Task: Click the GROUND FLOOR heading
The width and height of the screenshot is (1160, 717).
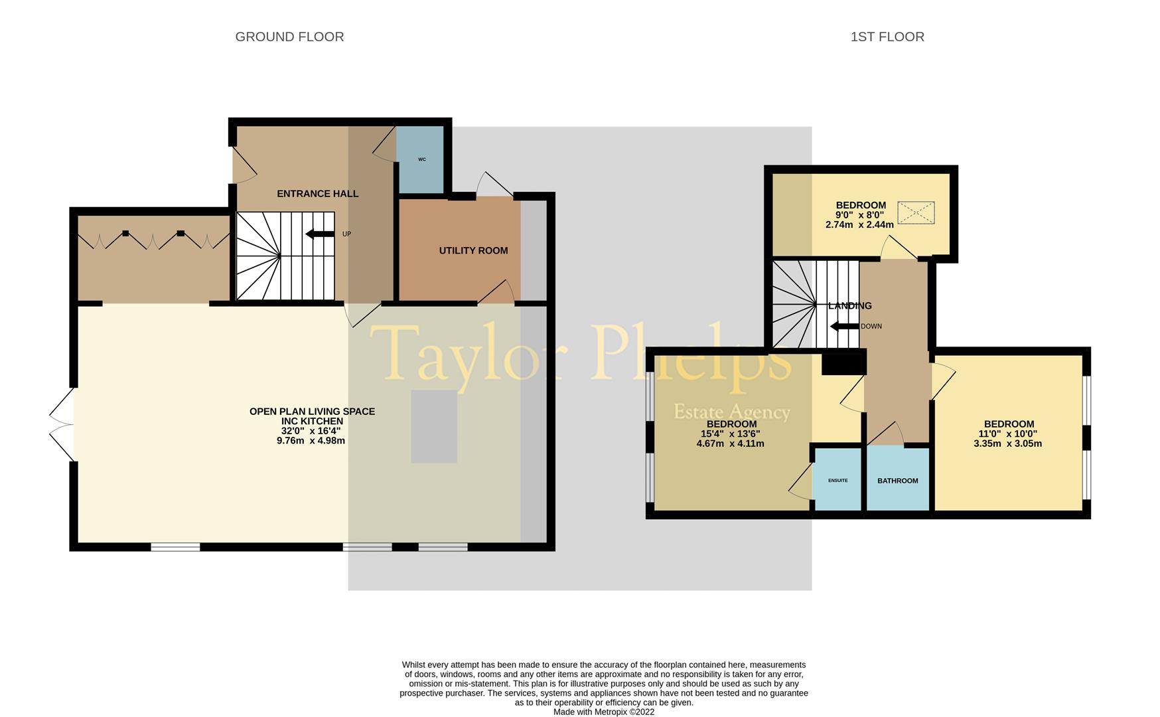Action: click(x=289, y=37)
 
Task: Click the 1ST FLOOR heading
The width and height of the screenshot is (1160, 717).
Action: click(x=887, y=37)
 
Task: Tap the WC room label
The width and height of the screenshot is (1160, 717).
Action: click(x=422, y=159)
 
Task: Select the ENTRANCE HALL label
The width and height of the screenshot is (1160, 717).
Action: click(x=317, y=194)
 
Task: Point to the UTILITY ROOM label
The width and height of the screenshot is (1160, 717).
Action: click(x=473, y=250)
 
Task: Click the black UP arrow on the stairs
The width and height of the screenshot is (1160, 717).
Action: click(x=320, y=234)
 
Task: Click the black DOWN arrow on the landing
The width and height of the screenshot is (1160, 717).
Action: click(x=844, y=326)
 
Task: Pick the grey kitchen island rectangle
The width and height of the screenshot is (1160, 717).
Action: click(x=434, y=426)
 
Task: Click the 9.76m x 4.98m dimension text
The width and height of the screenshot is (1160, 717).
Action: click(x=312, y=441)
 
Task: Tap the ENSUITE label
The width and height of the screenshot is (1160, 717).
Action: click(x=837, y=481)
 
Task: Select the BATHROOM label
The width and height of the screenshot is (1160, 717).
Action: click(x=898, y=481)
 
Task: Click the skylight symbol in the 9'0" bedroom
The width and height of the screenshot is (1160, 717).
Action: click(x=916, y=213)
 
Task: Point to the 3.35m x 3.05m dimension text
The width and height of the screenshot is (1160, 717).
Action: click(x=1008, y=443)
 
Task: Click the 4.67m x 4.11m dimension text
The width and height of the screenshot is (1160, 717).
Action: click(x=730, y=443)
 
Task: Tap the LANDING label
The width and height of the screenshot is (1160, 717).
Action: click(x=850, y=306)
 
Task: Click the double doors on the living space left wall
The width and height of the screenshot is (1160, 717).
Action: click(x=62, y=424)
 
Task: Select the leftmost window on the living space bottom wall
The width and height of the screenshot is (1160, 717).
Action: click(x=175, y=547)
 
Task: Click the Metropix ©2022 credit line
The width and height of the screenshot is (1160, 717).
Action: click(x=604, y=712)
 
